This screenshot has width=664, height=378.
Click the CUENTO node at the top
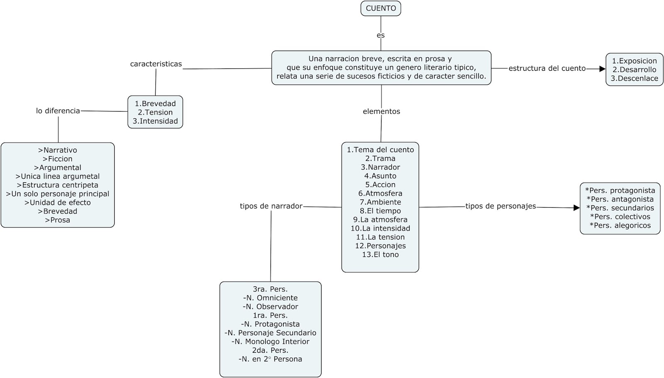381,8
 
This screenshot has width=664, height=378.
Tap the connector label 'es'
381,35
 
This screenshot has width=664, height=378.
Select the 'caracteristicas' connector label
156,64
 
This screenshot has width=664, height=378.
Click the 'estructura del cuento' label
547,68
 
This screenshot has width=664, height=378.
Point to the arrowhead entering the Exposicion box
603,69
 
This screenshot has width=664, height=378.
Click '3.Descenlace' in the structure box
634,78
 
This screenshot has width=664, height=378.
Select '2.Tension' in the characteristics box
155,112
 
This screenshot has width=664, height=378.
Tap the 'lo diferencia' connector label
58,111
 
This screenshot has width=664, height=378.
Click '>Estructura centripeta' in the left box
58,185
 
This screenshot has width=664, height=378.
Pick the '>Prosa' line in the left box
58,220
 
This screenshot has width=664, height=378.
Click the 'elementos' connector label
381,111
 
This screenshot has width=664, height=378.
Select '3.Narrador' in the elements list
380,167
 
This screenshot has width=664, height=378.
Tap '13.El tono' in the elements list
380,254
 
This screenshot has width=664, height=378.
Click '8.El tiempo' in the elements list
380,211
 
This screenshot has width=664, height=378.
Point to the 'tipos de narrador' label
271,206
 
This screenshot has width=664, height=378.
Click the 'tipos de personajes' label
500,206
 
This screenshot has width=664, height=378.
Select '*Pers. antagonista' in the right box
620,199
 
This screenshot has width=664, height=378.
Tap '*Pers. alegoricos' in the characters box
620,225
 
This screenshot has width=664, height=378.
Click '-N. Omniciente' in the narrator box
270,298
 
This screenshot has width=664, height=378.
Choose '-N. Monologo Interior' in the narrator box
270,342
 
